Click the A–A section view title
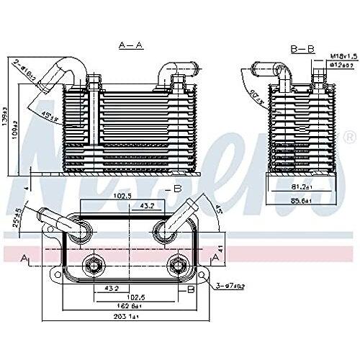coord(130,45)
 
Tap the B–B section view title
coord(300,49)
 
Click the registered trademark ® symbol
coord(349,137)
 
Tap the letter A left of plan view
coord(26,257)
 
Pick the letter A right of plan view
coord(215,257)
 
